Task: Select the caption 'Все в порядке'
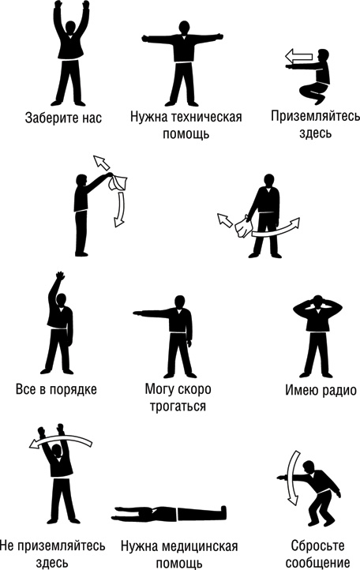56,389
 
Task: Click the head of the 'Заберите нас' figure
72,27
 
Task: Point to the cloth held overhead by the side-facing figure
118,182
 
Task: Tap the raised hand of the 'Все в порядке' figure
57,278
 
